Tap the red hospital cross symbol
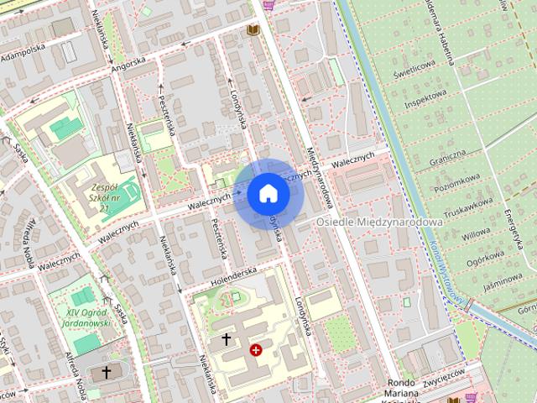(x=256, y=349)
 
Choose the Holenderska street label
(x=232, y=274)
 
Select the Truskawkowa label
(x=467, y=204)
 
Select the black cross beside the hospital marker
(x=226, y=339)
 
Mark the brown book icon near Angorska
(x=252, y=30)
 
